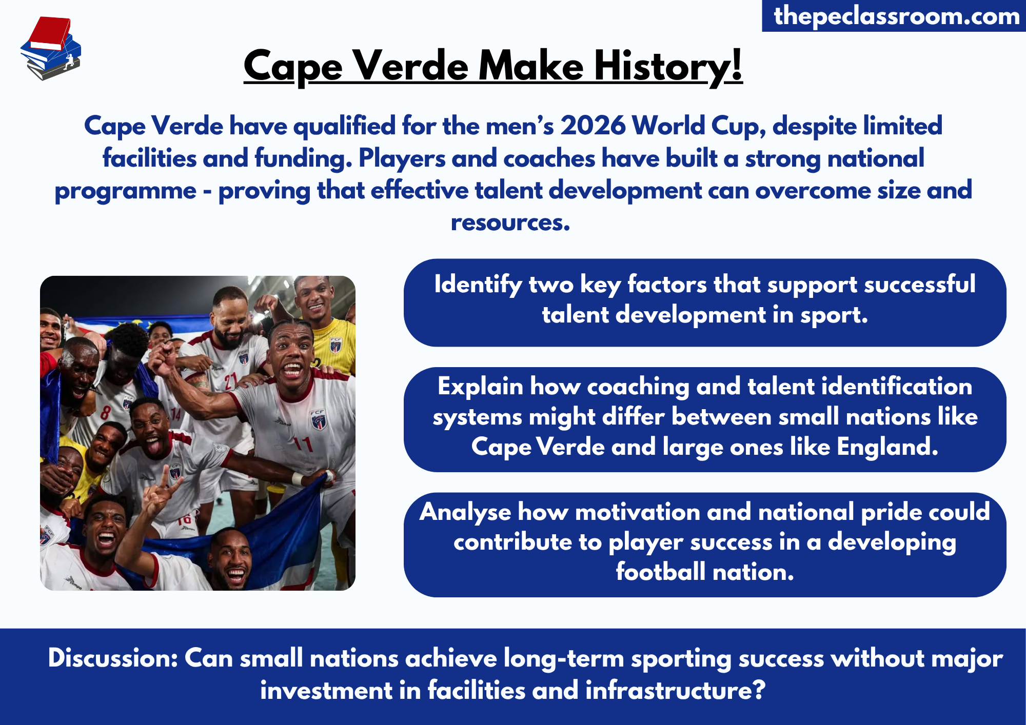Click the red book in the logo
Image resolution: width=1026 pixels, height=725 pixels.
point(50,32)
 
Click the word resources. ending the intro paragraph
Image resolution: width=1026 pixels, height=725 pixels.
point(510,223)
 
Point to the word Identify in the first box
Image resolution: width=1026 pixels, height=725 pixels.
point(478,284)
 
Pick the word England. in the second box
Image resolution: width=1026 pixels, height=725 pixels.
point(887,447)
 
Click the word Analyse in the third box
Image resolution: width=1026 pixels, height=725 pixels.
point(465,512)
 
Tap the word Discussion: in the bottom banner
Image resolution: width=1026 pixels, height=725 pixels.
point(112,658)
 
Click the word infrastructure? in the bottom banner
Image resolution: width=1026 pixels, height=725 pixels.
point(675,690)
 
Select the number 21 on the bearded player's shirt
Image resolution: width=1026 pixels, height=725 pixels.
point(230,380)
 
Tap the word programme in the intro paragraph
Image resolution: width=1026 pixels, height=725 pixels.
point(125,190)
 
